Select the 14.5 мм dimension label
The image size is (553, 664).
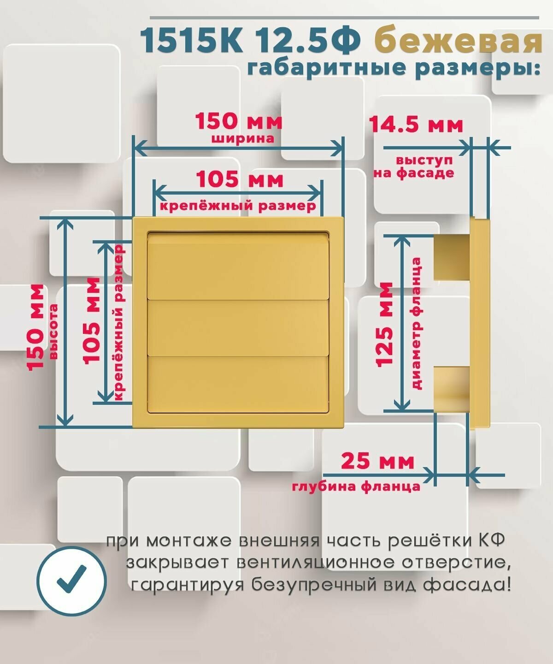click(x=416, y=125)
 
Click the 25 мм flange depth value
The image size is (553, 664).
click(x=377, y=461)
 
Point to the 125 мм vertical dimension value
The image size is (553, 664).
click(x=385, y=324)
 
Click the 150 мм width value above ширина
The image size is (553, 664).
click(x=238, y=122)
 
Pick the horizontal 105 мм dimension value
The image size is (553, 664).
click(x=240, y=179)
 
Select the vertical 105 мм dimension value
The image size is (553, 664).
click(x=92, y=320)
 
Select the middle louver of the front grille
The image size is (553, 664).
click(x=238, y=327)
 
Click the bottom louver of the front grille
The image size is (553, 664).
click(x=238, y=383)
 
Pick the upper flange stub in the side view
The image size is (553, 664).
click(x=452, y=257)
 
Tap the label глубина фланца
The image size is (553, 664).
click(x=356, y=486)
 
